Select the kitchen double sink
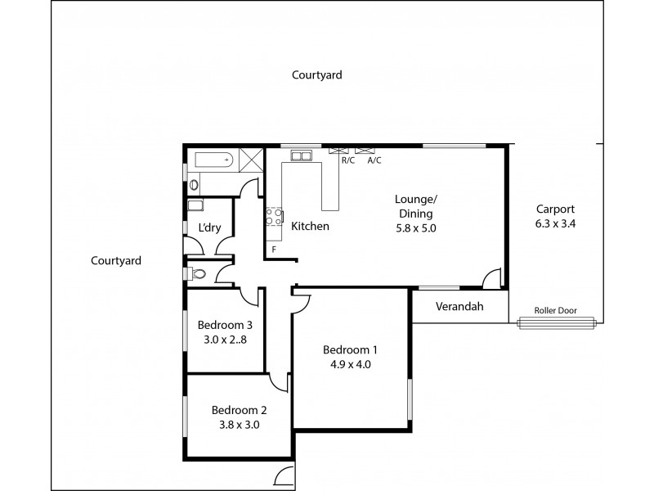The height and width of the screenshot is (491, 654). tap(300, 155)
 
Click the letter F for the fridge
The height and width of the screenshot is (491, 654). tap(274, 249)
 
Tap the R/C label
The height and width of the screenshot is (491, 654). tap(347, 160)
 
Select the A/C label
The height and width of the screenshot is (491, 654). tap(374, 160)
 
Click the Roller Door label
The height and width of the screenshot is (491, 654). tap(555, 311)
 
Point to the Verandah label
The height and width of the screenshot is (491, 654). tap(459, 307)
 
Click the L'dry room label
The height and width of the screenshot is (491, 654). tap(209, 228)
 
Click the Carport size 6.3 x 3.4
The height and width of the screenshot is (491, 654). tap(555, 223)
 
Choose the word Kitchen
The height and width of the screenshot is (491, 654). tap(310, 226)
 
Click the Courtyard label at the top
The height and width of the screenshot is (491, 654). tap(317, 74)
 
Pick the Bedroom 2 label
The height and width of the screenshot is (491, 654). tap(239, 410)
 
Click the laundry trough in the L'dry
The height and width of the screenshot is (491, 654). tap(196, 207)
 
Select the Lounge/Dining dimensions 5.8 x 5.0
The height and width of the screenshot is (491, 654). tap(415, 228)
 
